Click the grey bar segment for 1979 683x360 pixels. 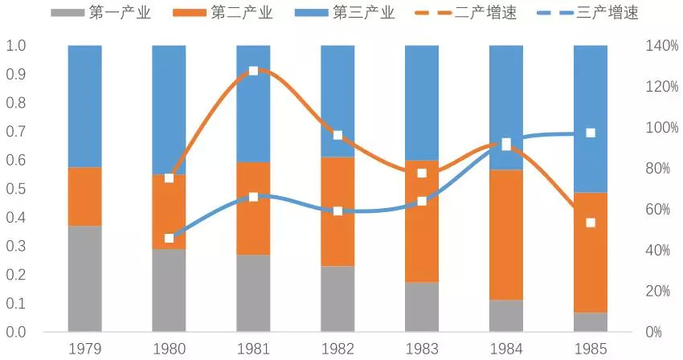(84, 278)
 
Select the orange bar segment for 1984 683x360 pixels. (506, 235)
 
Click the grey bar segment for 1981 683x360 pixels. (253, 292)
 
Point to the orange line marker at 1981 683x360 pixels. (253, 71)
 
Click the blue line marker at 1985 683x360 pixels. (591, 133)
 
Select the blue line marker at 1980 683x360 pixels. (169, 238)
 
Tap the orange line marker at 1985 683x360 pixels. (591, 223)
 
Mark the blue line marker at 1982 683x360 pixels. (337, 211)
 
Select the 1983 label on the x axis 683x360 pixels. (422, 348)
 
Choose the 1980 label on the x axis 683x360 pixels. (169, 348)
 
